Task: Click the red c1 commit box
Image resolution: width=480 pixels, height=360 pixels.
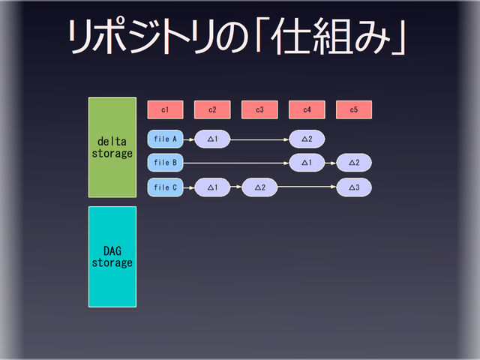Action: (x=165, y=109)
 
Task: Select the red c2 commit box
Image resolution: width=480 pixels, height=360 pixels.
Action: (x=212, y=109)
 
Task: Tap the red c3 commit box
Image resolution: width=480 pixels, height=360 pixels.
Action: (x=259, y=109)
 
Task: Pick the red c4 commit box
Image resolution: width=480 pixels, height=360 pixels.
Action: (x=307, y=109)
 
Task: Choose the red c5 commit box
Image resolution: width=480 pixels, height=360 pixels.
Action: (x=354, y=109)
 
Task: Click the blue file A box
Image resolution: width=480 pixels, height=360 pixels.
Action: (x=165, y=139)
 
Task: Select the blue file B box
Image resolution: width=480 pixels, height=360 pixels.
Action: (x=165, y=162)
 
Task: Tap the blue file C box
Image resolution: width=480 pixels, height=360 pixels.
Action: (x=165, y=187)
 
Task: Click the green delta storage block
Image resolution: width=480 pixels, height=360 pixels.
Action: (x=112, y=147)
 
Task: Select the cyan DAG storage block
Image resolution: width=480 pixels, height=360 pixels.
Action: (x=112, y=256)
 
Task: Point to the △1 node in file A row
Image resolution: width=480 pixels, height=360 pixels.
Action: (x=212, y=139)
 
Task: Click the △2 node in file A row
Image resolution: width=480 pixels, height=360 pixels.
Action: (x=307, y=139)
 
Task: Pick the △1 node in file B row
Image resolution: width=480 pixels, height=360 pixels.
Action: (x=307, y=162)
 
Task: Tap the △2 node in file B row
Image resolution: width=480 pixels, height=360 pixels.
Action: (x=354, y=162)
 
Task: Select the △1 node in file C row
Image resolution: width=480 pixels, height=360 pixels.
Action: (x=212, y=187)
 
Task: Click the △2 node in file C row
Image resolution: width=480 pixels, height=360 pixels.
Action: (x=259, y=187)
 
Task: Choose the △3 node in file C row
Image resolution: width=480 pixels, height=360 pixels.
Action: (x=354, y=187)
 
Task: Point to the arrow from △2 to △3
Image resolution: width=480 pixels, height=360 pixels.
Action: (x=307, y=187)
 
